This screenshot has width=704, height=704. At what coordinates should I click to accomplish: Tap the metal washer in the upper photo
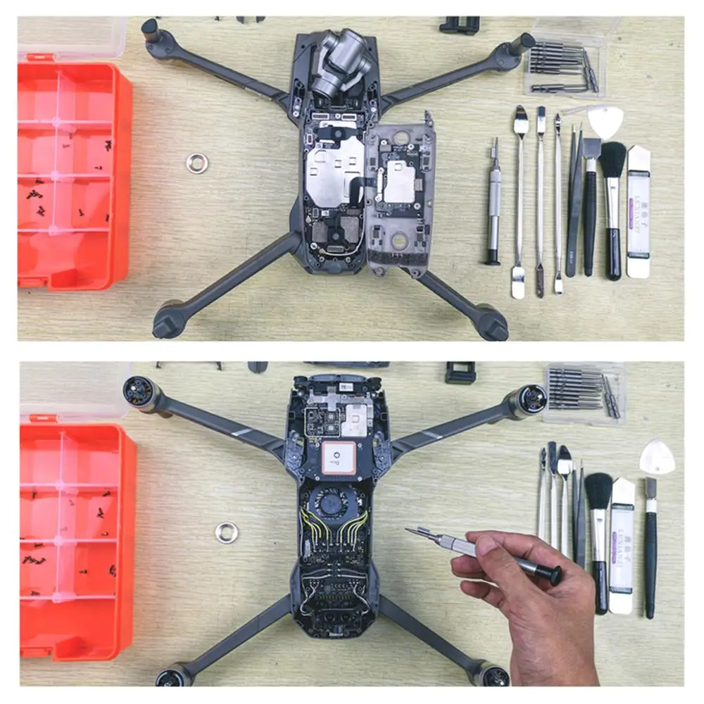coord(197,163)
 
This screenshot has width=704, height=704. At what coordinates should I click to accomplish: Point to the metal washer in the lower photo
coord(227,532)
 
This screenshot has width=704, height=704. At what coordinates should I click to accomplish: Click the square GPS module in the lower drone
coord(341,461)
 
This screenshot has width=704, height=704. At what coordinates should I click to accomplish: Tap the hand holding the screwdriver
coord(535,605)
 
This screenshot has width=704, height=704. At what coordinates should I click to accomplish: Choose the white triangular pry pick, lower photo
coord(657,458)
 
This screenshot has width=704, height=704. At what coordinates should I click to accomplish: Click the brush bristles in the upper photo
coord(613,158)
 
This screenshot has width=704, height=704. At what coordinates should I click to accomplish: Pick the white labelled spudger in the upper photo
coord(639,211)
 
